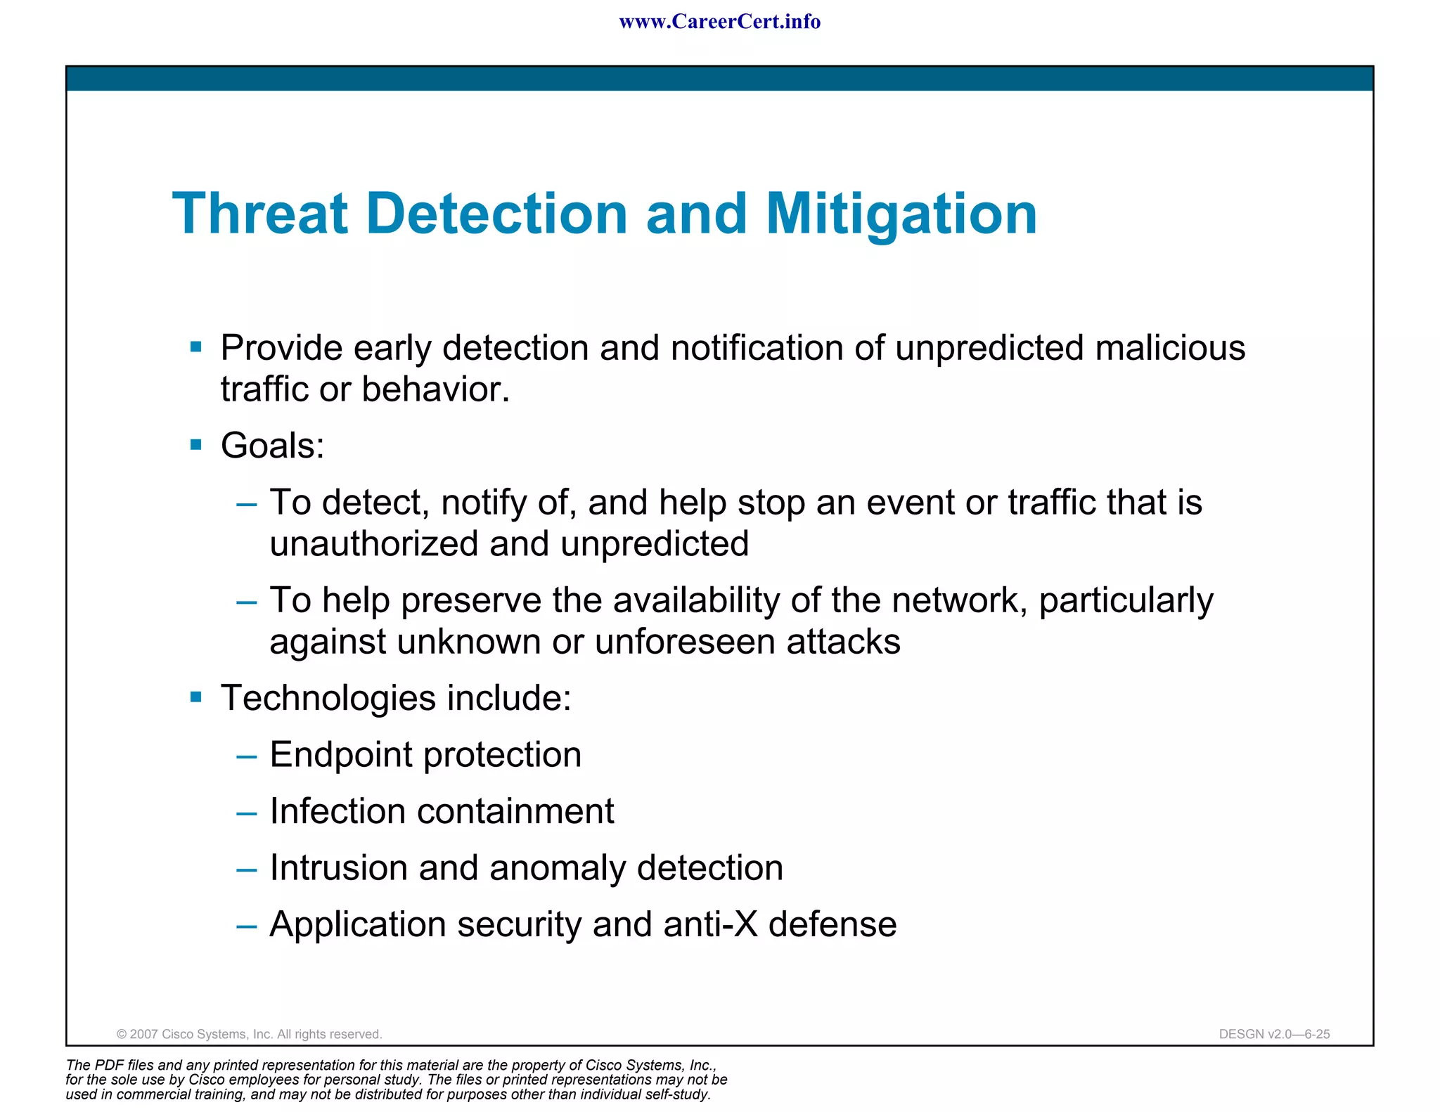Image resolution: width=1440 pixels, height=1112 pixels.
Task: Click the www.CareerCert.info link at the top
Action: [719, 22]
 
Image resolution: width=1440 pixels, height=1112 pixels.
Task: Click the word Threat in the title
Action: [260, 214]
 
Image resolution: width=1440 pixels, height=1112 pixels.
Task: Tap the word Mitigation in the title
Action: [901, 214]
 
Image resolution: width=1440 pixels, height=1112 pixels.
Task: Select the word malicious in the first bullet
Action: [1170, 348]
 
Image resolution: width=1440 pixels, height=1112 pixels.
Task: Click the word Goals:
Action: [273, 446]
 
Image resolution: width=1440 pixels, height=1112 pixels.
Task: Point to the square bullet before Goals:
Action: [196, 445]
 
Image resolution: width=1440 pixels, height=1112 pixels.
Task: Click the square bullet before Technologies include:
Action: [196, 697]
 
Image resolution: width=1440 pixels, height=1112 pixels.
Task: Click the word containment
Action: [515, 811]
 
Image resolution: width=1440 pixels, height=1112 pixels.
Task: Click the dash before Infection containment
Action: [247, 813]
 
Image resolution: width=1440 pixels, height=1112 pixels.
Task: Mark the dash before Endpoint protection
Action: [247, 757]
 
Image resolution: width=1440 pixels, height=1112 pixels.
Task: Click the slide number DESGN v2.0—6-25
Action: [1274, 1034]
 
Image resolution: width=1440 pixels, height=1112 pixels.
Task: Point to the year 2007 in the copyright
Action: [144, 1034]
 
